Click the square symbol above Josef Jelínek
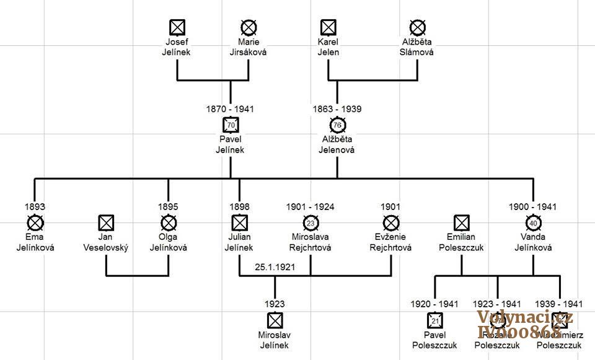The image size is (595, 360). click(178, 27)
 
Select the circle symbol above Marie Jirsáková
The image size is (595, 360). click(249, 27)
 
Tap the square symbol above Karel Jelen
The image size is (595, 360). click(328, 27)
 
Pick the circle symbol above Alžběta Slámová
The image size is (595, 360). click(417, 27)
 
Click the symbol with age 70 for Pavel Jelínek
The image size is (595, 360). click(231, 125)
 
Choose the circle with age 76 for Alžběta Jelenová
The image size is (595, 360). click(337, 125)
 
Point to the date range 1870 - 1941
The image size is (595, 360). click(230, 109)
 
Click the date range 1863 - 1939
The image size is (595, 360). click(337, 109)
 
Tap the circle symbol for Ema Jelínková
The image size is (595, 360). click(35, 222)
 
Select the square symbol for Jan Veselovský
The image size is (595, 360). click(106, 222)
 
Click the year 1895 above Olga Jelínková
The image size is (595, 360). click(169, 207)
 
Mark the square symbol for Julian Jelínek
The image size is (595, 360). click(239, 222)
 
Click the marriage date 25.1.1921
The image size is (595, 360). click(275, 267)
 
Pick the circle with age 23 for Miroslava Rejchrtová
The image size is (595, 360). click(311, 222)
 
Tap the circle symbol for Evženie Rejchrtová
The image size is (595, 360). click(391, 222)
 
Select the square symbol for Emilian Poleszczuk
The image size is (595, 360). click(461, 222)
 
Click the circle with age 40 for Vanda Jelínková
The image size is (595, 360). click(533, 222)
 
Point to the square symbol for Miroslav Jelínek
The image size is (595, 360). click(275, 320)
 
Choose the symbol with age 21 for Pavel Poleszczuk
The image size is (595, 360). click(435, 320)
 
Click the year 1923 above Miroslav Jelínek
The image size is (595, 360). click(275, 304)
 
